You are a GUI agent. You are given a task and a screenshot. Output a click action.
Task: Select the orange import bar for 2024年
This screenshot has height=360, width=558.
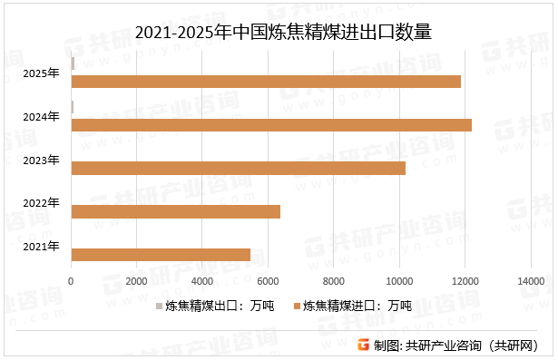click(270, 125)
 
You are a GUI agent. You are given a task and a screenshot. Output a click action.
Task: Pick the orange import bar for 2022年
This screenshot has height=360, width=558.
click(175, 211)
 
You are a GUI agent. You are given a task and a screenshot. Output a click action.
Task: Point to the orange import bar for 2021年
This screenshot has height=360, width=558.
click(160, 255)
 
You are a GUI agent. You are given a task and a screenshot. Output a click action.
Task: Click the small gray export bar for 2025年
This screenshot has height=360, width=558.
click(73, 63)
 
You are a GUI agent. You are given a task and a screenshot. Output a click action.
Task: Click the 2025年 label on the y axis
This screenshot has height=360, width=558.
click(42, 73)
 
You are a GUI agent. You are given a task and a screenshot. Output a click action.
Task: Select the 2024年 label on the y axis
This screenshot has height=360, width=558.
click(42, 116)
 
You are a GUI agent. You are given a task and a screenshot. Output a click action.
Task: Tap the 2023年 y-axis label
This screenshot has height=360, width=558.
click(42, 160)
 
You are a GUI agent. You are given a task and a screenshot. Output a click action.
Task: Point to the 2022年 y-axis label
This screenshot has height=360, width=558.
click(42, 202)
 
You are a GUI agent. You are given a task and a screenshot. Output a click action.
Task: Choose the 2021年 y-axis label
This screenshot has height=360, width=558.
click(42, 246)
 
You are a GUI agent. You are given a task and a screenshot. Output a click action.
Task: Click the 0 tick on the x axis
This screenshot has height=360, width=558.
click(71, 283)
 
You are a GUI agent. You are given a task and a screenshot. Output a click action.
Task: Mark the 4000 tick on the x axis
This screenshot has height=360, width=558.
click(202, 283)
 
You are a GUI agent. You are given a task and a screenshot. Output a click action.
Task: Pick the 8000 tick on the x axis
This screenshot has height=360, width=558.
click(334, 283)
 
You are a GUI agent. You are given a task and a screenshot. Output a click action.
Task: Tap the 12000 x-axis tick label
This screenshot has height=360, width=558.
click(465, 283)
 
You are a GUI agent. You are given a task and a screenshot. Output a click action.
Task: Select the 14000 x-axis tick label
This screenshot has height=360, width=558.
click(531, 283)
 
